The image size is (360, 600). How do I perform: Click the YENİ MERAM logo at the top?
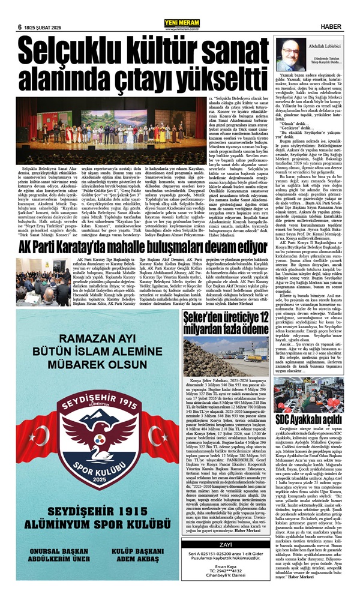point(180,7)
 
